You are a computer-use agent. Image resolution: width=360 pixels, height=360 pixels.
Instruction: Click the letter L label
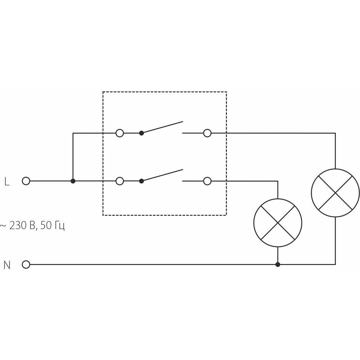[7, 181]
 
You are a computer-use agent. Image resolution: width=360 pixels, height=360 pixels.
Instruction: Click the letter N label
[7, 265]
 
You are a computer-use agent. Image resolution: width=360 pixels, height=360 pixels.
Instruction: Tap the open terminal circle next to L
[26, 181]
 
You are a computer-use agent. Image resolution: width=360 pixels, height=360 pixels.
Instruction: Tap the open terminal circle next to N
[26, 265]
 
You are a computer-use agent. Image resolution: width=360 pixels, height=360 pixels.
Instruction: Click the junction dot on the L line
[73, 181]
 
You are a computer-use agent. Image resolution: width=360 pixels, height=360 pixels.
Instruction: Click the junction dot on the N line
[278, 265]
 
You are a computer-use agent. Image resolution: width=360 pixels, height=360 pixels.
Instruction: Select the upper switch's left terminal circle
[120, 133]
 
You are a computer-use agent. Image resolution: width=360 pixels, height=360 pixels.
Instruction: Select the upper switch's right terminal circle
[207, 133]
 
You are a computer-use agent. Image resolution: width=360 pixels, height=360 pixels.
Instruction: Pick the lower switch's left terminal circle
[120, 181]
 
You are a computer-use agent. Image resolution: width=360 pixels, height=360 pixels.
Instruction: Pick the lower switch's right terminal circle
[207, 181]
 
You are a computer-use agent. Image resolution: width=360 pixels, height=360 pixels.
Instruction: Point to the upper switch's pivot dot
[141, 133]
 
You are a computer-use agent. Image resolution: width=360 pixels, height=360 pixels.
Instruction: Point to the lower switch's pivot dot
[141, 181]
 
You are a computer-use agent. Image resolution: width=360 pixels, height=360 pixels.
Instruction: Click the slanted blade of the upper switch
[162, 127]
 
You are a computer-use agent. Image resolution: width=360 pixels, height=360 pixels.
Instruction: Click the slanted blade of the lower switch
[162, 175]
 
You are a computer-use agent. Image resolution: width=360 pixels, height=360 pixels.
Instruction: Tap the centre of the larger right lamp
[336, 193]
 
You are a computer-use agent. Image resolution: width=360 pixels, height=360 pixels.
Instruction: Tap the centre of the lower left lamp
[278, 223]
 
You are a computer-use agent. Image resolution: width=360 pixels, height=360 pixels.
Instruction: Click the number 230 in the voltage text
[18, 225]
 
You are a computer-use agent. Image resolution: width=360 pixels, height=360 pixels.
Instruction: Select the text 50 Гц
[52, 226]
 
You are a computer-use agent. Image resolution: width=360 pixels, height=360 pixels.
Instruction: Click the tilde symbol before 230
[3, 226]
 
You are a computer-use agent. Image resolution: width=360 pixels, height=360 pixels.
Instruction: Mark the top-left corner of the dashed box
[103, 92]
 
